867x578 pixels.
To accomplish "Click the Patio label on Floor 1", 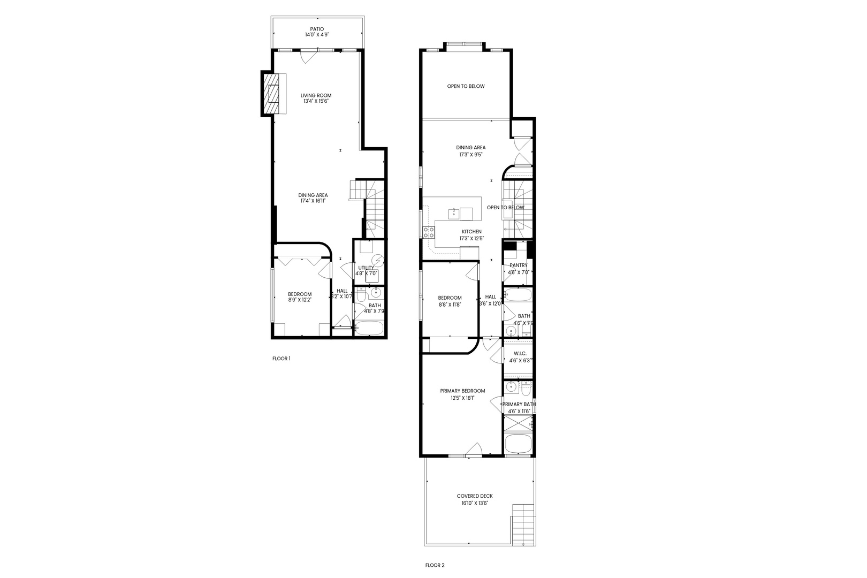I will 317,29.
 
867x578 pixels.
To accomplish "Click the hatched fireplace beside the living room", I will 272,94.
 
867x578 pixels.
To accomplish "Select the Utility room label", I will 366,268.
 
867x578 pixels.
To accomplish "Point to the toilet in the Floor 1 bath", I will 361,295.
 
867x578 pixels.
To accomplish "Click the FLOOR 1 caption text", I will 281,359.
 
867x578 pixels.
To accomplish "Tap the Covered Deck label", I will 475,496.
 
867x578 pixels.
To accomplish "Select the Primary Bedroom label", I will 462,391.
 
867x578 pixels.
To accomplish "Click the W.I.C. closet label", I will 519,353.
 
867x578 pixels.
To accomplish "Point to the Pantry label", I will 518,265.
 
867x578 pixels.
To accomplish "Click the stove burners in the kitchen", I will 429,232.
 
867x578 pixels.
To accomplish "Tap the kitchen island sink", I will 453,213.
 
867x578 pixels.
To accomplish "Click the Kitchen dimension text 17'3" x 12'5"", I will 471,239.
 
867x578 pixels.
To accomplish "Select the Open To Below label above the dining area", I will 466,86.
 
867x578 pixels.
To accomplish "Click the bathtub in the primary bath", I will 518,443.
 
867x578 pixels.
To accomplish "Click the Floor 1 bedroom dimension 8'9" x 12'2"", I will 300,300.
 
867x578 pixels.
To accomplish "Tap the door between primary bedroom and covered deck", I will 473,451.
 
